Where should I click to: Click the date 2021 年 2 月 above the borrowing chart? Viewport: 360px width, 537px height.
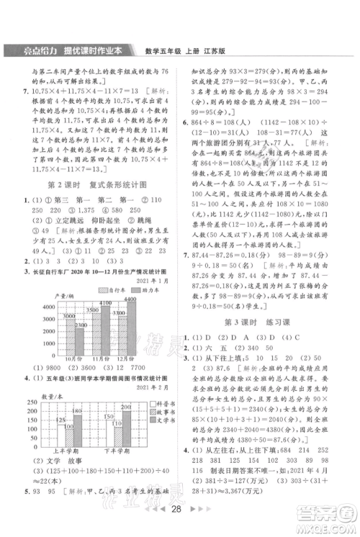[156, 387]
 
